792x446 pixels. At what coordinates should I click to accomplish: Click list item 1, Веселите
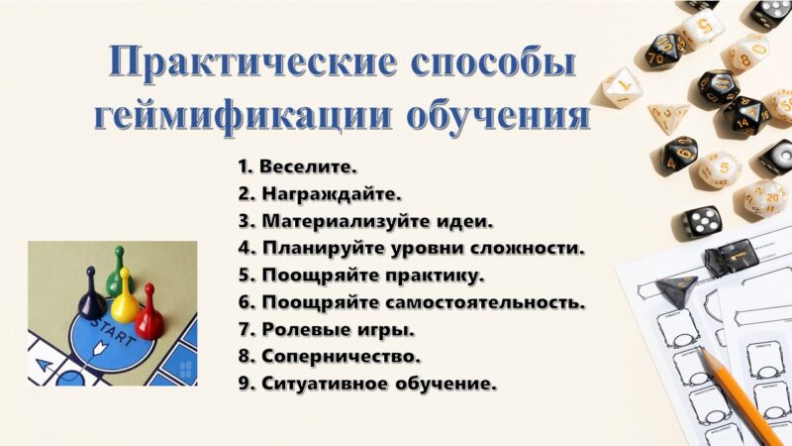[298, 167]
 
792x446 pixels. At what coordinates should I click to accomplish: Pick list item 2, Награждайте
[320, 193]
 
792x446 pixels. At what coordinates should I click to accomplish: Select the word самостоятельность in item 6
[485, 302]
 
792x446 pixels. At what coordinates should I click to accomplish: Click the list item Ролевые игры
[327, 330]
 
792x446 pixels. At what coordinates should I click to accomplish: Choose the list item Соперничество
[330, 357]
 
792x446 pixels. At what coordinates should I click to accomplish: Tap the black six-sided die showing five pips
[701, 220]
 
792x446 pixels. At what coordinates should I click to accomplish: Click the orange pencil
[739, 394]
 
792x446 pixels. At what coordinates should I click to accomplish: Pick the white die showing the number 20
[766, 197]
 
